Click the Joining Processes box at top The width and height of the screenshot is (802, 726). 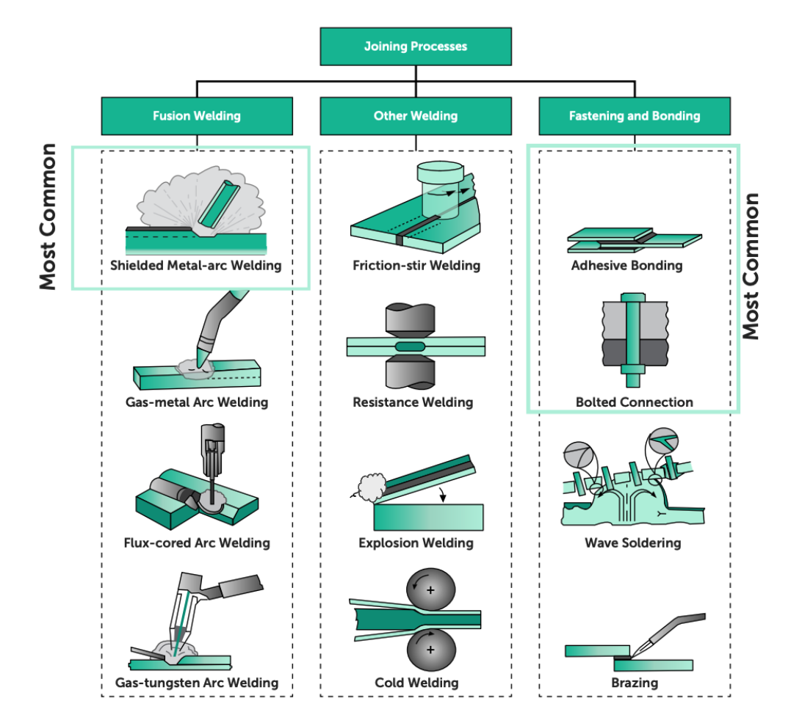pyautogui.click(x=416, y=47)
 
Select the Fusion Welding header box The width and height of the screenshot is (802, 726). pyautogui.click(x=196, y=116)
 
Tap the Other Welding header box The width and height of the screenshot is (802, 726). pyautogui.click(x=416, y=116)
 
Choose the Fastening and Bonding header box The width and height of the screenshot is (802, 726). pyautogui.click(x=635, y=116)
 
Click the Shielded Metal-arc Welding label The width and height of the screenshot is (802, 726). pyautogui.click(x=196, y=266)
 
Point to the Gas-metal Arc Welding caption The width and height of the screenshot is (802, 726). pyautogui.click(x=196, y=402)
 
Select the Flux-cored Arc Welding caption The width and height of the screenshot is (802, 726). pyautogui.click(x=197, y=543)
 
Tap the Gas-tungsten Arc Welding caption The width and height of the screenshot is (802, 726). pyautogui.click(x=197, y=683)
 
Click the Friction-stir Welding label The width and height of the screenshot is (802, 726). pyautogui.click(x=416, y=266)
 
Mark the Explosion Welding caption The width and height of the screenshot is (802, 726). pyautogui.click(x=416, y=543)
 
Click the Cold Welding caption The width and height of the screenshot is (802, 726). pyautogui.click(x=416, y=683)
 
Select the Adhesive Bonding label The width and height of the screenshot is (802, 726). pyautogui.click(x=626, y=266)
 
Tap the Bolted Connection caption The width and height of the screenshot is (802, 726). pyautogui.click(x=634, y=402)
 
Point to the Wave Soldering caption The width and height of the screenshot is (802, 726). pyautogui.click(x=632, y=543)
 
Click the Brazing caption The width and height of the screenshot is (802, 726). pyautogui.click(x=635, y=683)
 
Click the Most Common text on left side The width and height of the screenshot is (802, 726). pyautogui.click(x=48, y=217)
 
